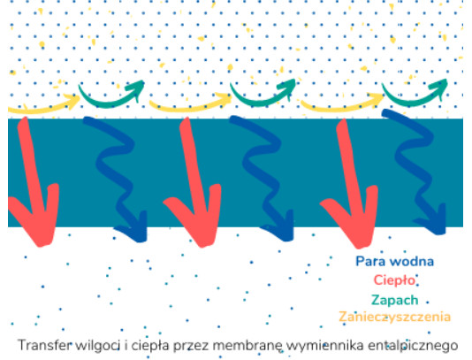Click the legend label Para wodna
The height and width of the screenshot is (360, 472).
[x=394, y=262]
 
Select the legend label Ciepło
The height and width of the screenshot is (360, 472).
[x=394, y=280]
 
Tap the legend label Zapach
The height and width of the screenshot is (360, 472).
[x=394, y=300]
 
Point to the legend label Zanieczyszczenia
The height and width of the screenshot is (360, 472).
[x=394, y=317]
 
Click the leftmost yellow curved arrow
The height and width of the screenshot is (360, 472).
[x=42, y=109]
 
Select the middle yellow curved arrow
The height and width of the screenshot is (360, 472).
[x=190, y=107]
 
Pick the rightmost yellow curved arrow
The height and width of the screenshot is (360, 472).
[x=342, y=107]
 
